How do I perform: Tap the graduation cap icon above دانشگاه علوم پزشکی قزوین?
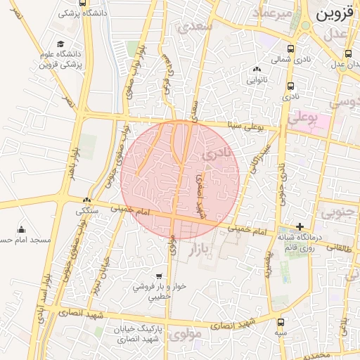click(60, 43)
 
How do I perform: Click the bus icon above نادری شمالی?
click(291, 49)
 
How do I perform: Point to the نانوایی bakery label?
click(255, 80)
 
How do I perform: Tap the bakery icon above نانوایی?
click(256, 70)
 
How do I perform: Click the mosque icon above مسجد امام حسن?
click(21, 229)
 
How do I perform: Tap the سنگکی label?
click(88, 210)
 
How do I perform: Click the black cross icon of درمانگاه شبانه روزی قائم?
click(300, 226)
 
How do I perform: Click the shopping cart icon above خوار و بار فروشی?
click(159, 276)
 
